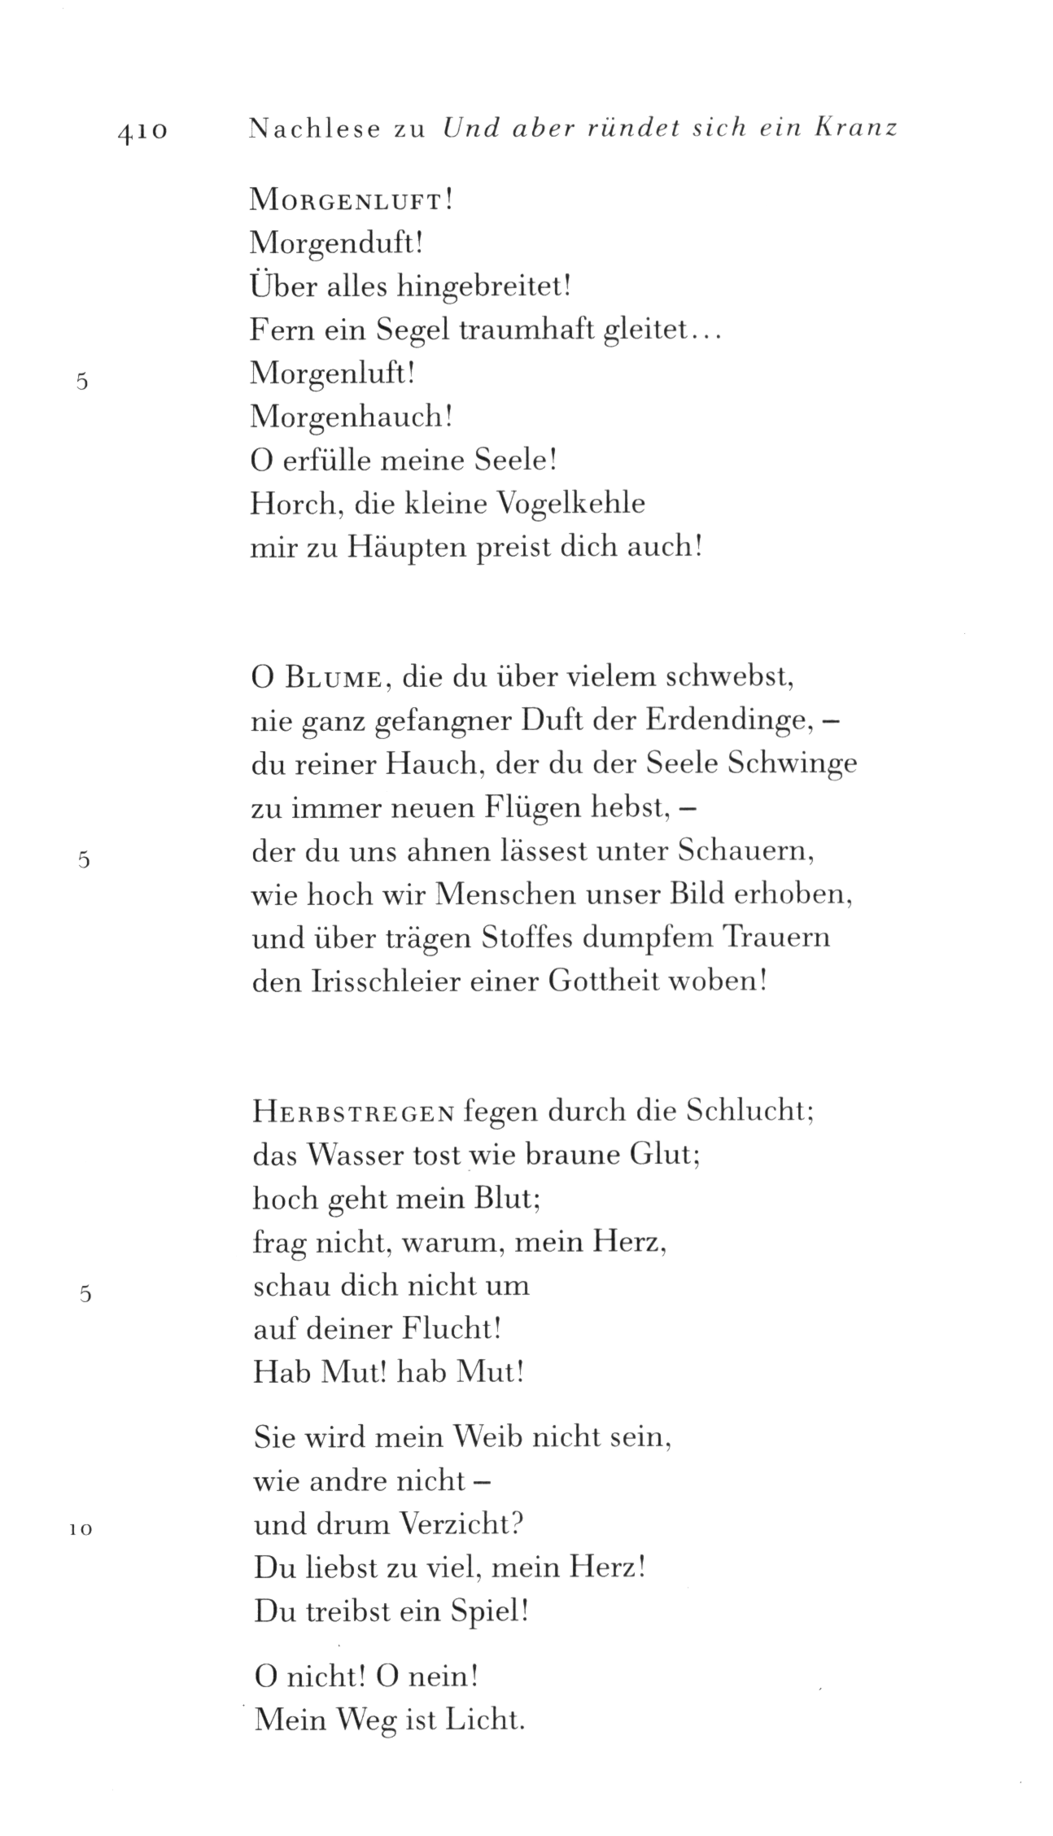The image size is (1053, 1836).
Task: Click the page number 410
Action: coord(142,131)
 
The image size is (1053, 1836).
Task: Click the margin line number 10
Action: coord(81,1530)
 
